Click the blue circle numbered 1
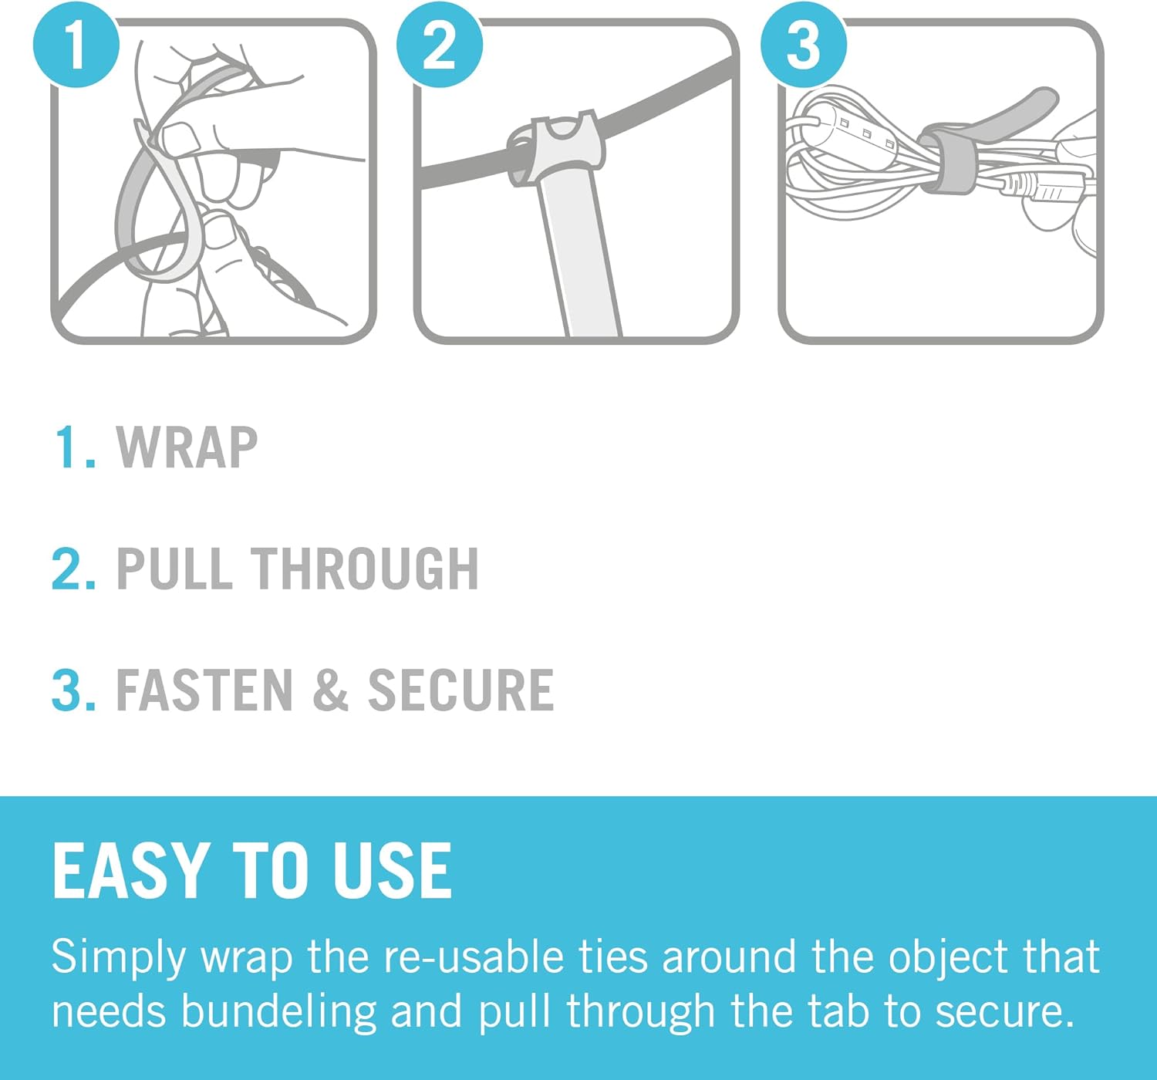click(x=76, y=45)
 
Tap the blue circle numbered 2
click(x=439, y=45)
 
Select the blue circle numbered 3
click(x=804, y=45)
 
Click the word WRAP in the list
click(x=187, y=447)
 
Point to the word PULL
click(x=174, y=569)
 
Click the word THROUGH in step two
click(x=365, y=569)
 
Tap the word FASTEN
click(x=204, y=690)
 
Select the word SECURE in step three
click(x=460, y=690)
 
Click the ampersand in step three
click(x=330, y=690)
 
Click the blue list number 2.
click(x=73, y=569)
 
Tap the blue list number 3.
click(x=73, y=690)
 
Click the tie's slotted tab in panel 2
click(x=556, y=147)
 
